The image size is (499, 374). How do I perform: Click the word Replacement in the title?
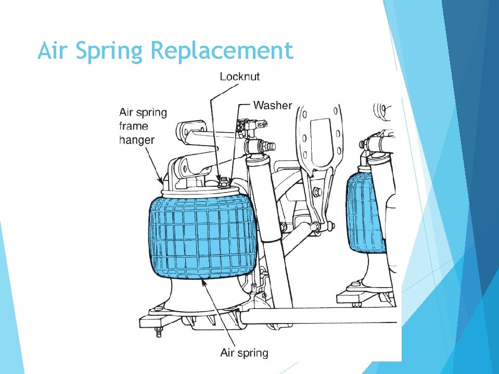point(221,51)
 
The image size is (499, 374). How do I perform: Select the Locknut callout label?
point(239,76)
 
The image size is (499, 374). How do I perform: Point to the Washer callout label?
point(272,105)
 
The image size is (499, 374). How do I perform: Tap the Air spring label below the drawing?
point(244,353)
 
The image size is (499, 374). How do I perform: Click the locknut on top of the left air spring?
point(223,182)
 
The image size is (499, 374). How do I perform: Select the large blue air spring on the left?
point(203,237)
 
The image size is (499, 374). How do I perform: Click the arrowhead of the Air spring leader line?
point(203,280)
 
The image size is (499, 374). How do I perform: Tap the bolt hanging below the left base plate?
point(159,332)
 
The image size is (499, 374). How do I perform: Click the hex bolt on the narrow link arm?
point(317,193)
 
